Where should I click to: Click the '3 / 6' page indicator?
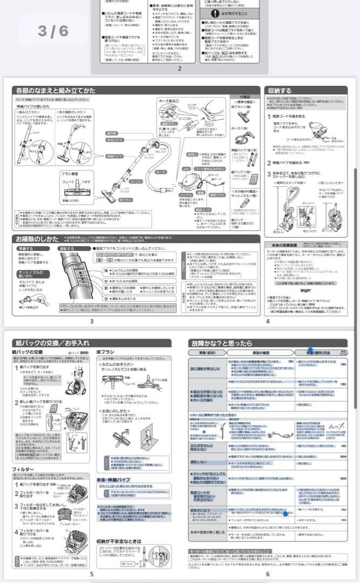tap(53, 32)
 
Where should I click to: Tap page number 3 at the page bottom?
tap(92, 321)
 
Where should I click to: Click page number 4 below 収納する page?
tap(267, 321)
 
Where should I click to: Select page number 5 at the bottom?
tap(92, 573)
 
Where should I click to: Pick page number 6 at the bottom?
tap(267, 573)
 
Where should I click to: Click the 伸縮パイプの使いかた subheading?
tap(36, 106)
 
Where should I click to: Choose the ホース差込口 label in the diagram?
tap(169, 101)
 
